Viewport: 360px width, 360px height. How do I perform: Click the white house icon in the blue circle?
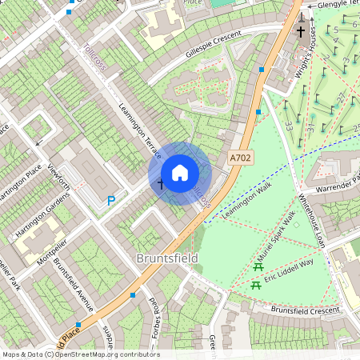tap(180, 173)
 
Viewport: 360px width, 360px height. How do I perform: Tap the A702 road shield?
tap(239, 158)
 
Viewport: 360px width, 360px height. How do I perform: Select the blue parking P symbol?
tap(111, 201)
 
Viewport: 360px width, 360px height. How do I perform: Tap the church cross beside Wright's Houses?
tap(301, 32)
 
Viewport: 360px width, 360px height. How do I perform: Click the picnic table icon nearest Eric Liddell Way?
tap(256, 284)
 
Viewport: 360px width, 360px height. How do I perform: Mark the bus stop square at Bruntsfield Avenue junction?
tap(133, 295)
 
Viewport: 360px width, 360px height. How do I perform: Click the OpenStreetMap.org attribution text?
tap(103, 354)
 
